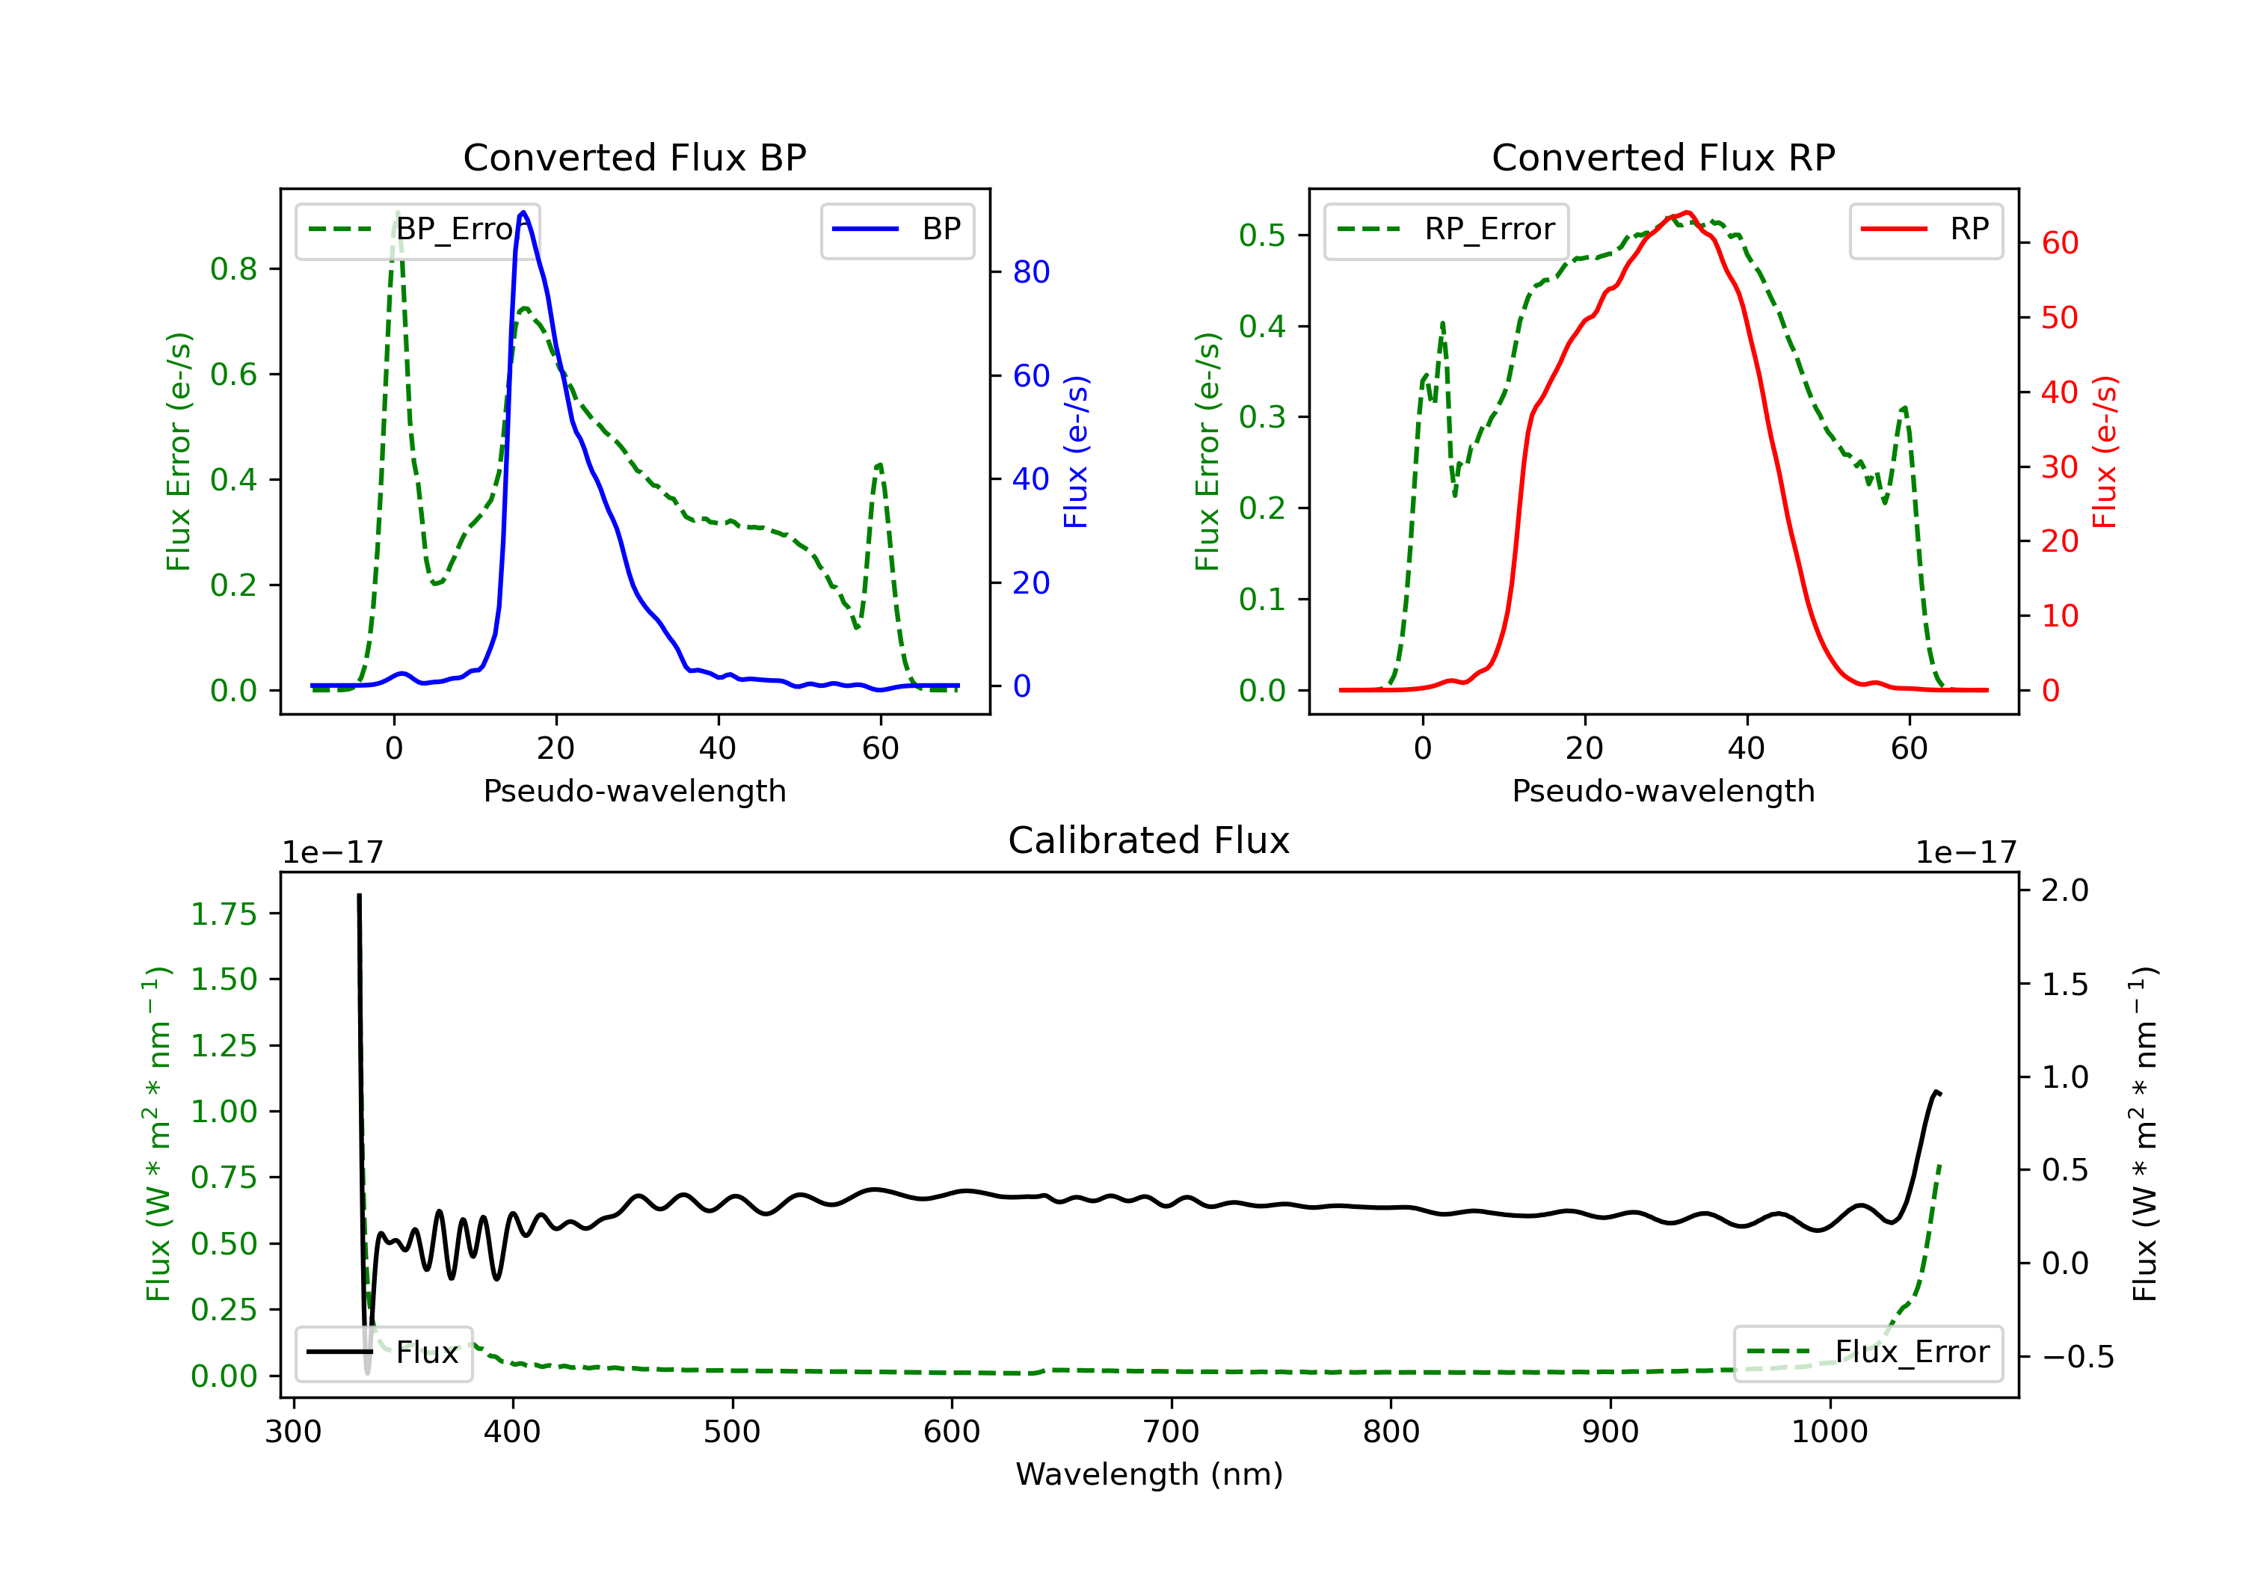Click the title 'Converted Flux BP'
tap(635, 157)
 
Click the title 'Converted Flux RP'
tap(1664, 157)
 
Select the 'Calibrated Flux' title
tap(1149, 840)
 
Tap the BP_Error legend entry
tap(418, 230)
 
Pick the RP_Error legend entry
tap(1447, 230)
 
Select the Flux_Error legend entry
tap(1868, 1352)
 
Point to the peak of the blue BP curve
tap(523, 212)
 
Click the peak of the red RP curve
tap(1687, 212)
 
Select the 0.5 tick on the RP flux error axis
tap(1262, 235)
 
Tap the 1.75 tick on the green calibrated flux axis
tap(224, 914)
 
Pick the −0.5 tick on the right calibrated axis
tap(2078, 1356)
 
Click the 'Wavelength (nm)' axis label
tap(1149, 1474)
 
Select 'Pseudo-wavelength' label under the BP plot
tap(635, 790)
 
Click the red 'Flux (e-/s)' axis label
tap(2104, 452)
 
